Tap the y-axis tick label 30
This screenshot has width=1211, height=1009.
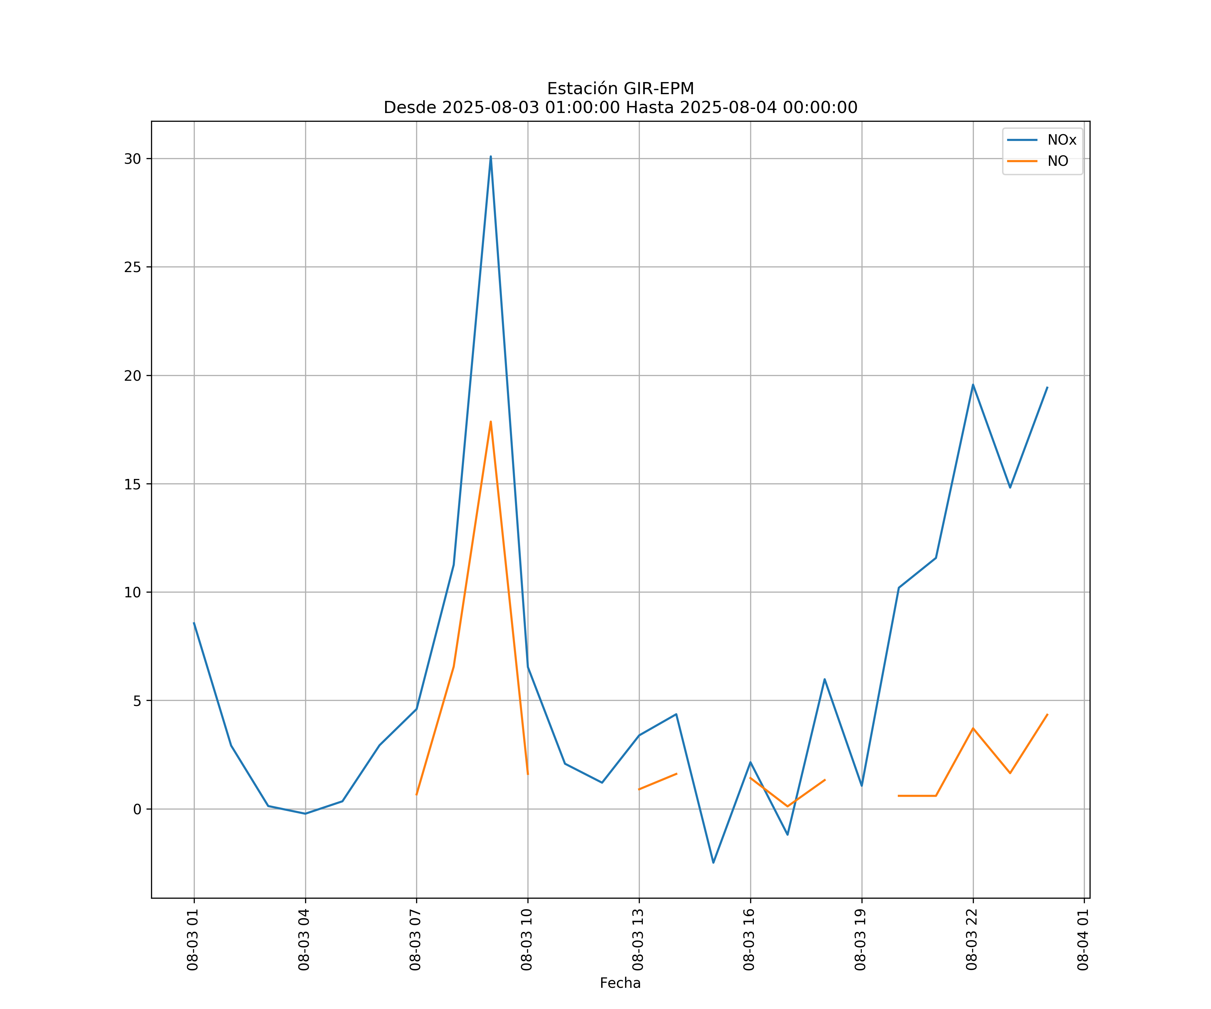[x=133, y=159]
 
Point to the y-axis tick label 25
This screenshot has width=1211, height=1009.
[x=133, y=267]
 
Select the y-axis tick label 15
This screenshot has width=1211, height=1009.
[x=133, y=484]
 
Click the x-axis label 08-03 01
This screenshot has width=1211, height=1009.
[x=193, y=939]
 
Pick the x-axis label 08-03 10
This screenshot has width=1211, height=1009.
[x=526, y=939]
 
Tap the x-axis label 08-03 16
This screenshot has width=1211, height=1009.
[x=749, y=939]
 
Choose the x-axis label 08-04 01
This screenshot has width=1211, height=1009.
[x=1083, y=939]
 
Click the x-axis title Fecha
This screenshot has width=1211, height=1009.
[x=620, y=983]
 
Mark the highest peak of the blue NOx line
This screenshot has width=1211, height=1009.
[x=491, y=157]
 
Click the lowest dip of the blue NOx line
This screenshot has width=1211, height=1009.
[x=713, y=863]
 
